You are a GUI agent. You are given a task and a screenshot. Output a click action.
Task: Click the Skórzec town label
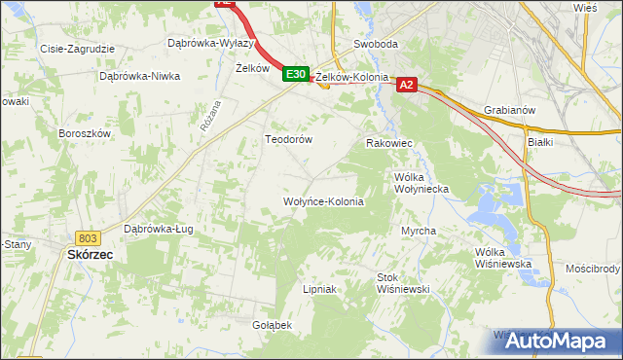pos(91,254)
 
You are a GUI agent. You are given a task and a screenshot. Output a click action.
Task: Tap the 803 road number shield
pos(89,237)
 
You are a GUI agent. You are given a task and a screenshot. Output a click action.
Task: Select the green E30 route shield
pos(297,74)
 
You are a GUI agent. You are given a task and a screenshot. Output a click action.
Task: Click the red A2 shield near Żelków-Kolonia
pos(408,86)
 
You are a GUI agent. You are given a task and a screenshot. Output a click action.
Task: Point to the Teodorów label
pos(289,139)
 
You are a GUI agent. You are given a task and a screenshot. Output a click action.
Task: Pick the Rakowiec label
pos(389,143)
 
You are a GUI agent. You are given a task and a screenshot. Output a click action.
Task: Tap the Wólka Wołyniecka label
pos(420,184)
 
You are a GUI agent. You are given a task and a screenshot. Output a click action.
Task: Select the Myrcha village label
pos(419,231)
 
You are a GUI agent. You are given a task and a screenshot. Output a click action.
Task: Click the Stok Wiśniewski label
pos(403,282)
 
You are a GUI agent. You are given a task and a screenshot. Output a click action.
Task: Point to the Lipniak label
pos(319,289)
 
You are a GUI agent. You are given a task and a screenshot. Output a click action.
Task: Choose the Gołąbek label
pos(272,324)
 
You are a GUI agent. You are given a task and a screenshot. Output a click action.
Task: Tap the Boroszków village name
pos(86,133)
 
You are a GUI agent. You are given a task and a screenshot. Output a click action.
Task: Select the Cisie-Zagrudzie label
pos(77,48)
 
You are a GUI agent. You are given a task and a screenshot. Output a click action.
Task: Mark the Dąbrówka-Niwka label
pos(140,76)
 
